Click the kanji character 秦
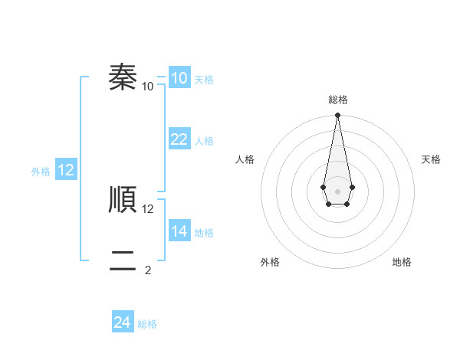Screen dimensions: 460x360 (x=123, y=77)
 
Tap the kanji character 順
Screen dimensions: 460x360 (x=123, y=200)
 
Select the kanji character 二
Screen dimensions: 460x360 (x=123, y=261)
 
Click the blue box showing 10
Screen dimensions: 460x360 (x=179, y=78)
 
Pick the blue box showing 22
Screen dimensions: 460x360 (x=179, y=139)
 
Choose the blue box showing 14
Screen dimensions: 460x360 (x=179, y=231)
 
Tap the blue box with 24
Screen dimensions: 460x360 (x=122, y=322)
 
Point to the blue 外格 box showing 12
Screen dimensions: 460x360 (x=66, y=170)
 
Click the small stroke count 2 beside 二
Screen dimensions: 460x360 (x=148, y=270)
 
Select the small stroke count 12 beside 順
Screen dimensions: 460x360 (x=148, y=208)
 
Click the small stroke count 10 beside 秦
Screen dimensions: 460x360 (x=148, y=86)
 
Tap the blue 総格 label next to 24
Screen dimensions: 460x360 (x=147, y=324)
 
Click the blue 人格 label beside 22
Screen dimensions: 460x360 (x=204, y=141)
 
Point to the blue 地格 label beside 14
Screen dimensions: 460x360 (x=204, y=233)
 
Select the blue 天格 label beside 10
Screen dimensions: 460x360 (x=204, y=80)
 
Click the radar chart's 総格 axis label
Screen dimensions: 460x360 (x=337, y=100)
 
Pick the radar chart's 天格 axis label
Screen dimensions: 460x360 (x=431, y=159)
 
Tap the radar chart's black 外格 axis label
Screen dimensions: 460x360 (x=270, y=262)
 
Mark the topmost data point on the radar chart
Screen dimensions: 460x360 (x=337, y=116)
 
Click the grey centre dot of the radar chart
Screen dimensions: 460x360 (x=337, y=190)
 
